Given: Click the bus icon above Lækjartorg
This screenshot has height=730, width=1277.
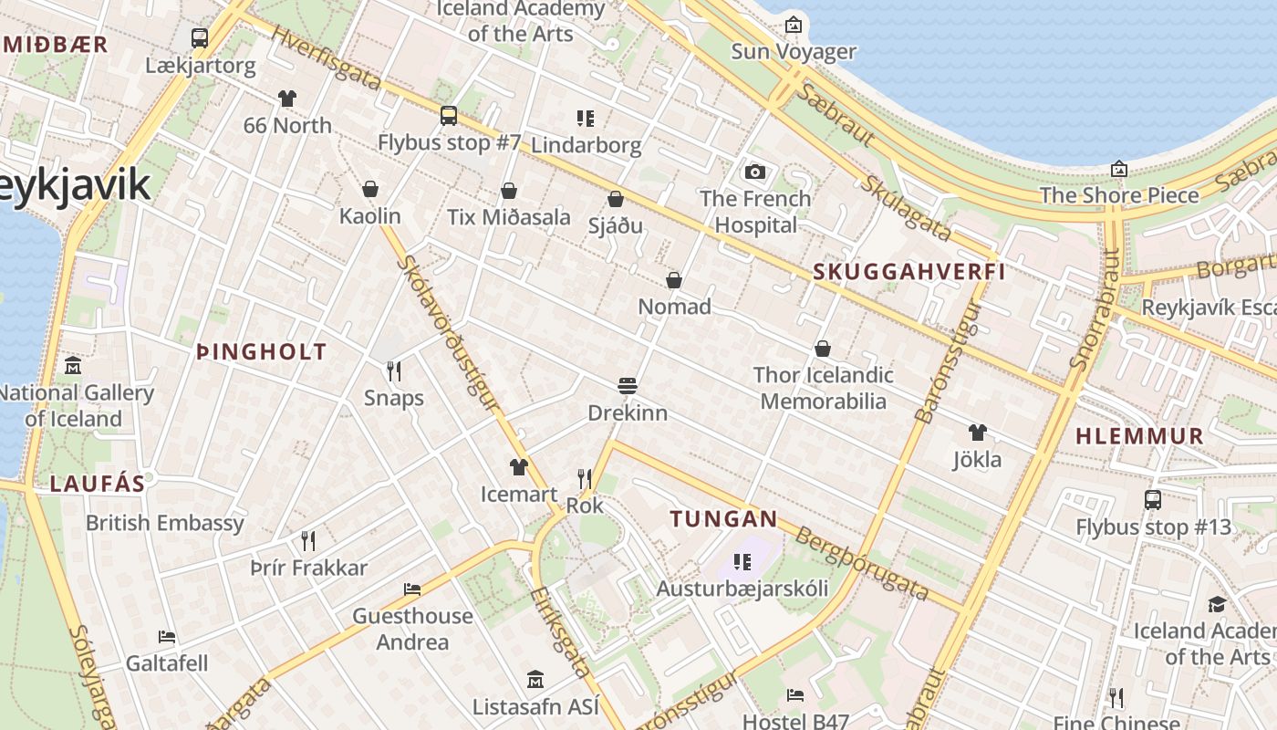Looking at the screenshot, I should click(x=200, y=38).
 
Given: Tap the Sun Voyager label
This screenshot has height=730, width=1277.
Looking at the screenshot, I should click(x=794, y=52).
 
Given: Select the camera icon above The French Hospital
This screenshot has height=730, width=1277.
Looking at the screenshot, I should click(x=754, y=172).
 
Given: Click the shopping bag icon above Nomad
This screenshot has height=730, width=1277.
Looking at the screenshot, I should click(x=674, y=279).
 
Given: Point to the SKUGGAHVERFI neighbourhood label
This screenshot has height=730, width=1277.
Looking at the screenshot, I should click(x=908, y=271).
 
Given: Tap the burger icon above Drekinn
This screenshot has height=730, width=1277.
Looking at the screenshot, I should click(x=627, y=385).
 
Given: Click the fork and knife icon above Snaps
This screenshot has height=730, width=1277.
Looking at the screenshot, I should click(x=394, y=370).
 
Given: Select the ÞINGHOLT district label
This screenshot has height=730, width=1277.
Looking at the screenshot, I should click(x=262, y=351).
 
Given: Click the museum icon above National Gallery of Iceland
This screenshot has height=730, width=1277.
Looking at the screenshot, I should click(x=73, y=366).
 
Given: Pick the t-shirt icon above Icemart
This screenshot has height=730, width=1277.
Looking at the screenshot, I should click(x=518, y=467).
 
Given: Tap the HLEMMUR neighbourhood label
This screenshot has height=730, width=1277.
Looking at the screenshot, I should click(x=1139, y=436).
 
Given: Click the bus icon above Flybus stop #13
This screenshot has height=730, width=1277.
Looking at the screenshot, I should click(x=1153, y=499).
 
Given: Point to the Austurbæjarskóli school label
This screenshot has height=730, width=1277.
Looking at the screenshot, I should click(x=742, y=589).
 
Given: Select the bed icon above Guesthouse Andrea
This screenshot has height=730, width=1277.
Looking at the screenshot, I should click(x=412, y=589).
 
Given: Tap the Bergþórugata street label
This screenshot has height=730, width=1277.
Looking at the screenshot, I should click(x=862, y=563).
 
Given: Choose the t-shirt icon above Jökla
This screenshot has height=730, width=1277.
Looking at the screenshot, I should click(x=977, y=432).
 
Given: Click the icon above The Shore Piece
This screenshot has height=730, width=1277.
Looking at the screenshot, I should click(x=1119, y=169).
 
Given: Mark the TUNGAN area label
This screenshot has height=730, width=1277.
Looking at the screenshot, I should click(x=724, y=519).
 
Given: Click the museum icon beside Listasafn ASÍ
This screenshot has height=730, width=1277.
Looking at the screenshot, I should click(x=535, y=679).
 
